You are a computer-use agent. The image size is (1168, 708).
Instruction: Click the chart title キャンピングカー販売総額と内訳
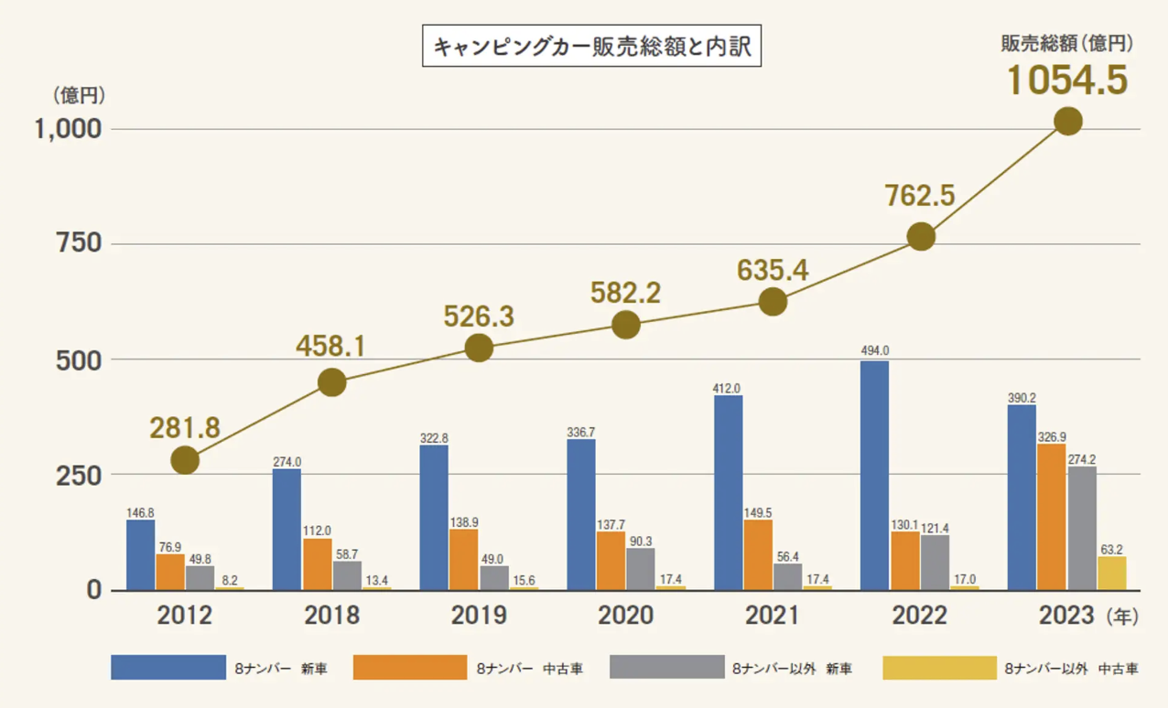click(591, 48)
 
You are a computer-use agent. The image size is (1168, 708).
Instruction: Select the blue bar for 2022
click(874, 476)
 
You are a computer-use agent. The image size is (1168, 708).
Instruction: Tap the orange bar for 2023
click(1051, 517)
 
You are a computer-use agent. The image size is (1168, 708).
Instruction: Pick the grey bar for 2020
click(640, 568)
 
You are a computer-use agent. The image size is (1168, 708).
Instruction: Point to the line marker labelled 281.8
click(185, 460)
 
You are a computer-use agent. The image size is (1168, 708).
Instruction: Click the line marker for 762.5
click(921, 237)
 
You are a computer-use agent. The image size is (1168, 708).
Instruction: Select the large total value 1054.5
click(1067, 80)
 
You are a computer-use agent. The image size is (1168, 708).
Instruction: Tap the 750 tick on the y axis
click(79, 244)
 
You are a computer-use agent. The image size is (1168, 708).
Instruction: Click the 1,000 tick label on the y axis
click(67, 129)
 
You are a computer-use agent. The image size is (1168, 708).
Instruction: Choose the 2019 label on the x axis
click(479, 616)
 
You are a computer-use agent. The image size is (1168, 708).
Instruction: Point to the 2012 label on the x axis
click(185, 616)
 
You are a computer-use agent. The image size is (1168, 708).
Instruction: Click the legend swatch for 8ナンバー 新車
click(168, 668)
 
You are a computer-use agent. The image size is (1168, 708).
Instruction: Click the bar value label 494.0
click(874, 350)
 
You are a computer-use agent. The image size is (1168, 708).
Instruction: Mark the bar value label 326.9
click(1052, 435)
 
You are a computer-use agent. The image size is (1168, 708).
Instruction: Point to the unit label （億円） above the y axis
click(80, 94)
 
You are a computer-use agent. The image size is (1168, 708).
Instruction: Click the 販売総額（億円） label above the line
click(1067, 42)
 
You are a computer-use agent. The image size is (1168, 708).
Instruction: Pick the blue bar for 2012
click(140, 555)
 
